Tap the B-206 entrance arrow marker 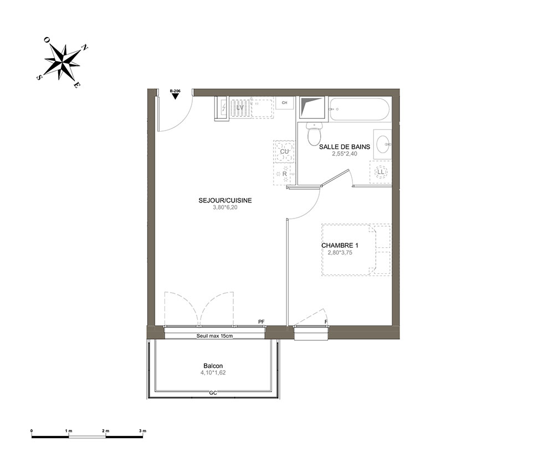point(175,96)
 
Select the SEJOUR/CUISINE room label point(225,200)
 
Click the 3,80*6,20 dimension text point(225,207)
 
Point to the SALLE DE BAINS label point(345,147)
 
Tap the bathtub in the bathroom point(360,109)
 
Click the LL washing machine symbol point(381,172)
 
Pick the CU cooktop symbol point(284,152)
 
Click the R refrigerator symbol point(284,174)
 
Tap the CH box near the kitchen point(284,103)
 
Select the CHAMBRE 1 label point(340,246)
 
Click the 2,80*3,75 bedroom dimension point(340,253)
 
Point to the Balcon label point(213,366)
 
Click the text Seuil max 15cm point(214,336)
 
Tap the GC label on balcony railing point(213,393)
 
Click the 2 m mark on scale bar point(106,431)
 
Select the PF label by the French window point(261,322)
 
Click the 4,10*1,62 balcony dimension point(213,372)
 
